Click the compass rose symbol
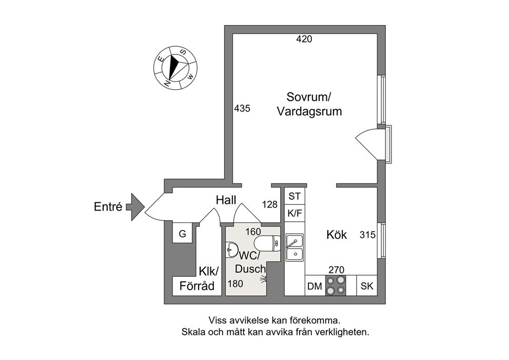(175, 68)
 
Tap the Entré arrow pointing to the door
(135, 207)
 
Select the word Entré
(108, 206)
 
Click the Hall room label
(226, 200)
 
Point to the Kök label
(337, 235)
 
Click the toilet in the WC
(267, 243)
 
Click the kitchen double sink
(295, 248)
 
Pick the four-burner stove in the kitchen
(336, 285)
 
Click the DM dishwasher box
(315, 286)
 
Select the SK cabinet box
(367, 286)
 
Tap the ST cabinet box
(295, 196)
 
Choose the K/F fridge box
(295, 213)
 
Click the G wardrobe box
(183, 233)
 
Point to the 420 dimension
(304, 39)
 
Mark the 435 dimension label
(242, 108)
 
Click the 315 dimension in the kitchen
(367, 235)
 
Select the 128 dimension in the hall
(270, 204)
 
